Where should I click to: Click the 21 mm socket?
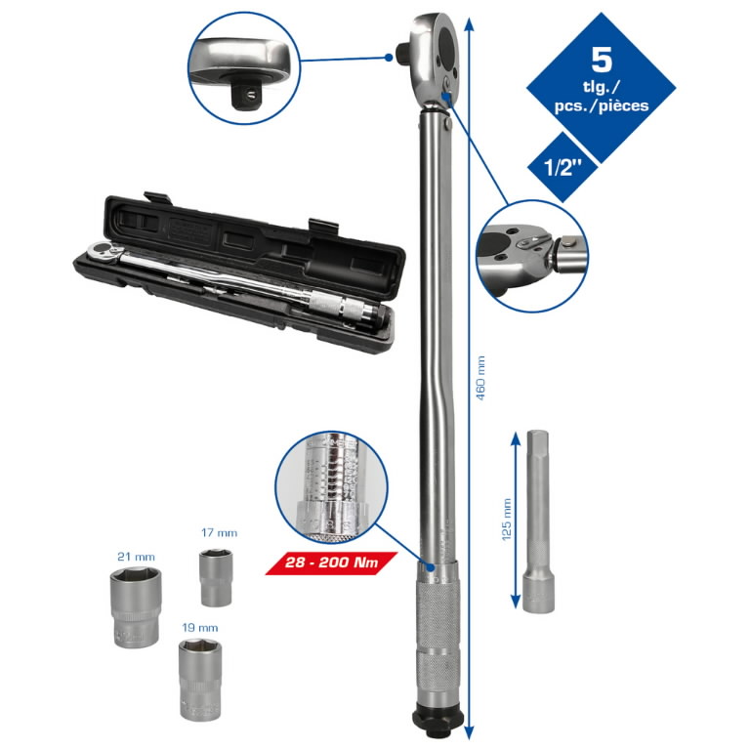click(134, 606)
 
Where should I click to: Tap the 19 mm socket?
click(200, 678)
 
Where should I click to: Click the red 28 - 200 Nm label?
click(331, 563)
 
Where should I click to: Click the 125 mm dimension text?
click(506, 522)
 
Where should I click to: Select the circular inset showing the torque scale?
click(331, 487)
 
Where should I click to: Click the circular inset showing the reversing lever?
click(533, 256)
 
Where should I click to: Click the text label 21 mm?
click(136, 556)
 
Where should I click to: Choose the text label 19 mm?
click(200, 627)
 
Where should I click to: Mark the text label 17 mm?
click(219, 533)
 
